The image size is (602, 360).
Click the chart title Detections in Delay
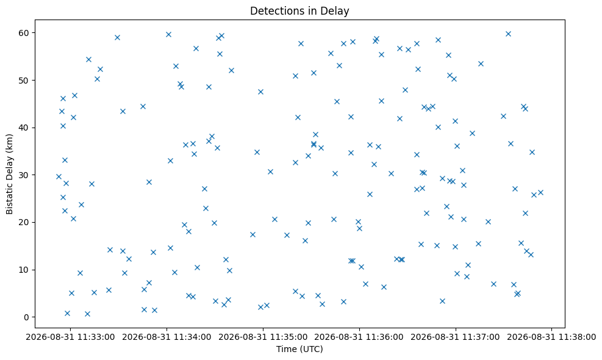click(299, 11)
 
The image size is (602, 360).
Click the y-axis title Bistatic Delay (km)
click(10, 174)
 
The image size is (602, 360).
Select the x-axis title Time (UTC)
click(299, 349)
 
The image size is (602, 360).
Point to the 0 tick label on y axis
click(27, 317)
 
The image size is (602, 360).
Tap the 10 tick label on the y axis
click(24, 270)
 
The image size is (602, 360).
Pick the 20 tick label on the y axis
click(24, 223)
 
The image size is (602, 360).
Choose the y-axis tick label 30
click(24, 175)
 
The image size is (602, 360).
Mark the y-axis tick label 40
click(24, 128)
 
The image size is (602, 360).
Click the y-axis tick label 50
click(24, 81)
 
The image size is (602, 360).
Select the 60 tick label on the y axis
click(24, 33)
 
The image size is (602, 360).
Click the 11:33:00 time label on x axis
click(70, 337)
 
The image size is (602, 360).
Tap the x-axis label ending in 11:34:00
click(167, 337)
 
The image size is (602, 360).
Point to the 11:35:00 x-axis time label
click(263, 337)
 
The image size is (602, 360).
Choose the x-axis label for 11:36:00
click(359, 337)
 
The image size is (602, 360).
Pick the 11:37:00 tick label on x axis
click(456, 337)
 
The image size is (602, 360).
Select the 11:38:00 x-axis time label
click(552, 337)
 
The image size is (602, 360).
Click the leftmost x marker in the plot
click(59, 177)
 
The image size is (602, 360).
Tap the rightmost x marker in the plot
click(540, 192)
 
